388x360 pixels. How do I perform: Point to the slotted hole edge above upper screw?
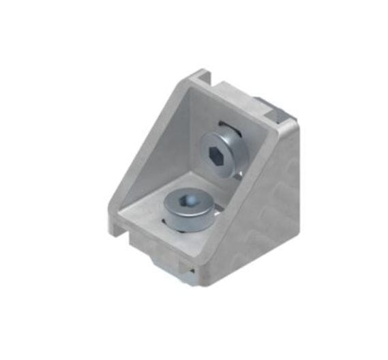click(x=224, y=124)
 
